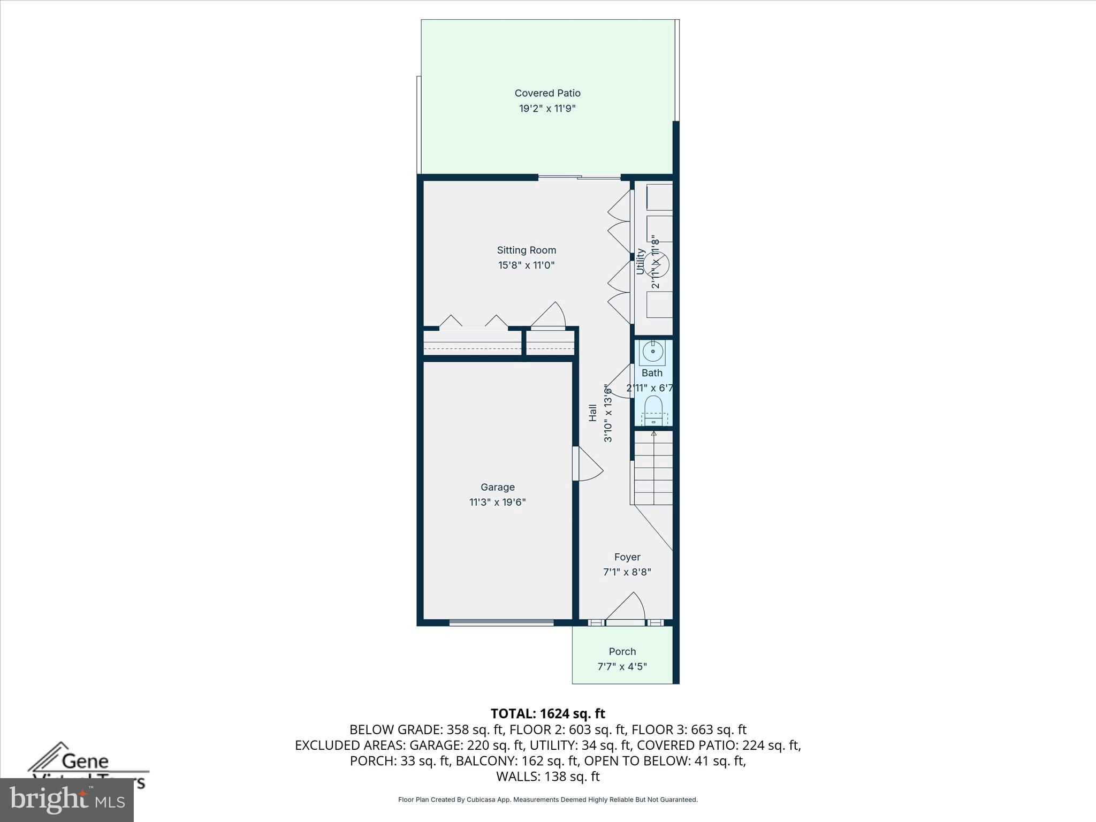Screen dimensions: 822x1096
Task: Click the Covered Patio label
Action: (547, 93)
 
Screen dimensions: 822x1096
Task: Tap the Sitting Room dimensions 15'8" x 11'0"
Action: (526, 265)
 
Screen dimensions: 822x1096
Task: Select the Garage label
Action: (498, 487)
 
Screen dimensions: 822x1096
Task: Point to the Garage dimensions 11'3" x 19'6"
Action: (498, 502)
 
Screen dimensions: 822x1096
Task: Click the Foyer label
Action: (627, 557)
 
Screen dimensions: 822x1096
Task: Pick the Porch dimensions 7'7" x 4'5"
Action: (622, 667)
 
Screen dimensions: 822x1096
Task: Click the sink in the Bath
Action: (653, 352)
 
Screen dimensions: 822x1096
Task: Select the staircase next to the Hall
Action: (653, 468)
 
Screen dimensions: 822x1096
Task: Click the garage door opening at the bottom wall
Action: (501, 622)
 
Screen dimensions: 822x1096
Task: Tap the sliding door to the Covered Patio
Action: (579, 177)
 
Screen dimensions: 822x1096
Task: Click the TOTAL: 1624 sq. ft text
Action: (547, 713)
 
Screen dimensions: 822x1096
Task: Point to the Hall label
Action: (593, 413)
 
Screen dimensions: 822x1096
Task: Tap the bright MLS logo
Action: (67, 800)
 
